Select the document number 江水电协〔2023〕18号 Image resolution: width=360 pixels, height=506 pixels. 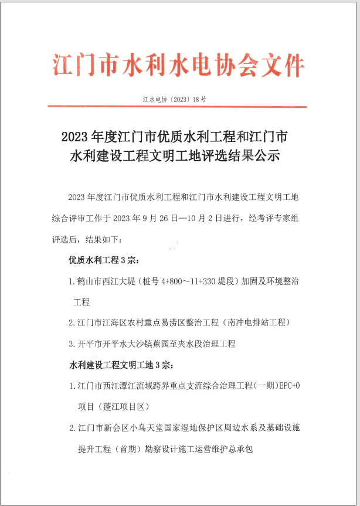point(174,100)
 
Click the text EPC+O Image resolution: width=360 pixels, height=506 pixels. point(287,386)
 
